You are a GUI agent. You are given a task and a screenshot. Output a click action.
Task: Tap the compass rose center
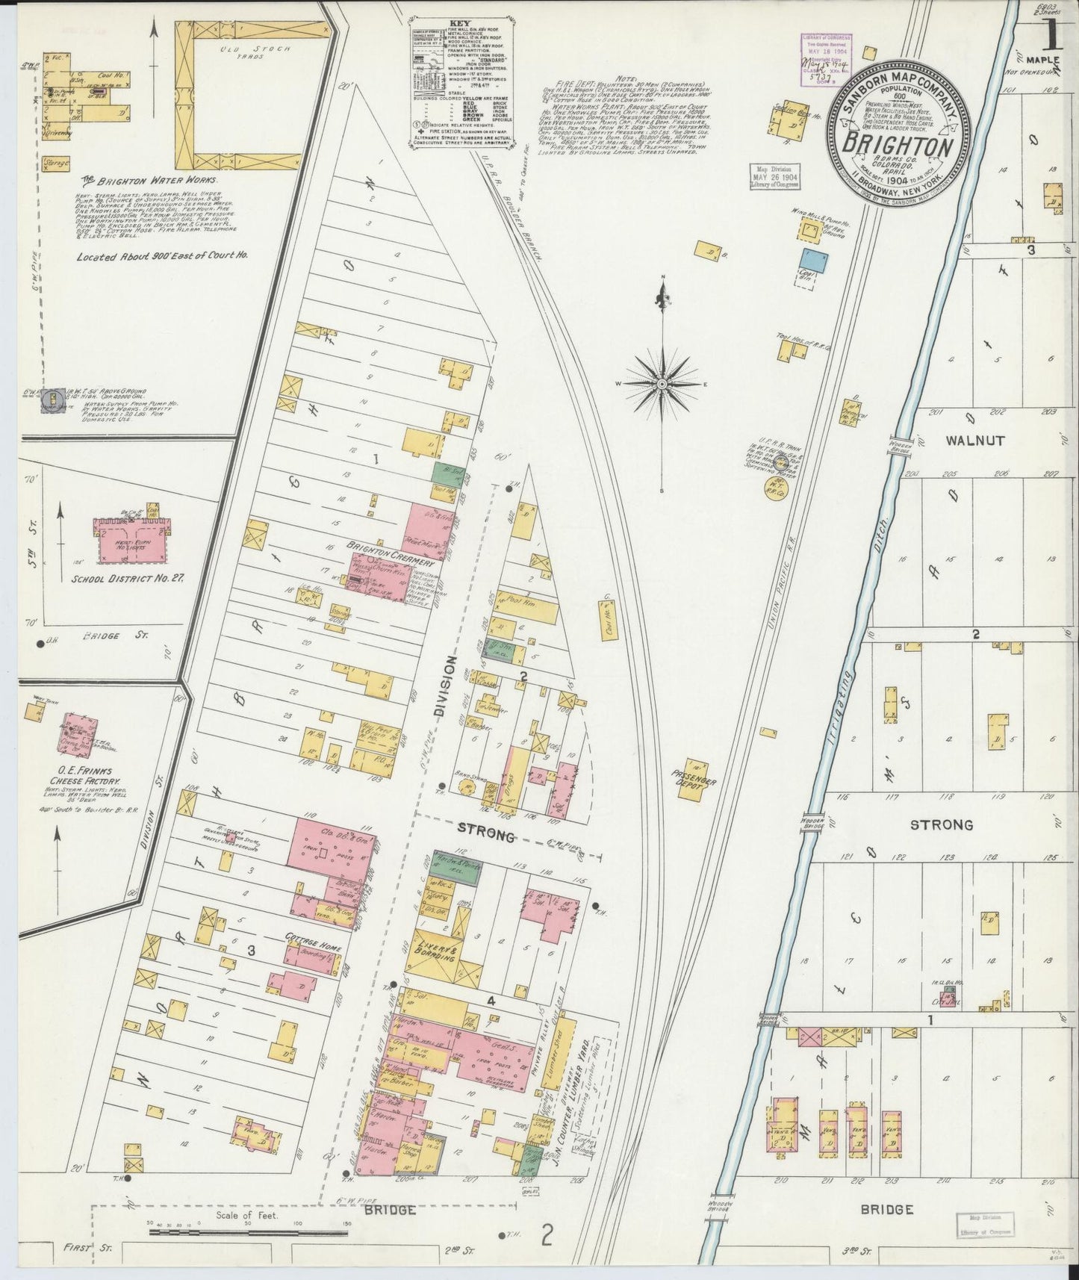tap(662, 383)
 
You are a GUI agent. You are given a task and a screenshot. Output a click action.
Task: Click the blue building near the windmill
tap(815, 260)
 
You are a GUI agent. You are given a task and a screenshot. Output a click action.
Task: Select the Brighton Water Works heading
tap(149, 181)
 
